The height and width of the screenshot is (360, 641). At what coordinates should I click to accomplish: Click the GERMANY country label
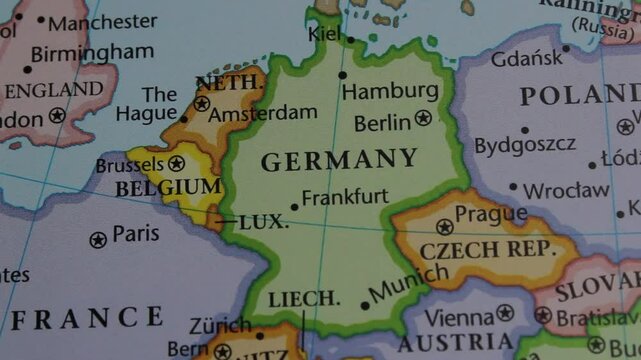(x=339, y=160)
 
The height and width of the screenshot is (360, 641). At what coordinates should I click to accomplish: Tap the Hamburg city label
(x=390, y=91)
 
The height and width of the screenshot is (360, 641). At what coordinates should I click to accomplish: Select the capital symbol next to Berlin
(x=423, y=118)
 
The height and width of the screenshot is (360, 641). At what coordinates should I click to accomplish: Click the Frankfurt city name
(x=345, y=197)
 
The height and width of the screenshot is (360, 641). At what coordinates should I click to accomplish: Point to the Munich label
(x=408, y=283)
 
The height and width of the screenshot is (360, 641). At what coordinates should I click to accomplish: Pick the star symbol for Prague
(x=444, y=227)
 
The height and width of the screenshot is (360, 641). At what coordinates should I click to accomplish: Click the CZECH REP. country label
(x=487, y=249)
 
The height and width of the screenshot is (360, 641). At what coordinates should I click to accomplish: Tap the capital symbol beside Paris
(x=98, y=240)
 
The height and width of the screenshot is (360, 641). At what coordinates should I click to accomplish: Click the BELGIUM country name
(x=168, y=188)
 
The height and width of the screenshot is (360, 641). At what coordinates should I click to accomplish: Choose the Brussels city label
(x=129, y=165)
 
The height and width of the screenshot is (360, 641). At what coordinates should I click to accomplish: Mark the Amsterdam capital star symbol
(x=203, y=103)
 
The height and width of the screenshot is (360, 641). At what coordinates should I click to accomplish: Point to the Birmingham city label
(x=92, y=52)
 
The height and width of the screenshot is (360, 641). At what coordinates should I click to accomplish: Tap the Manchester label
(x=102, y=21)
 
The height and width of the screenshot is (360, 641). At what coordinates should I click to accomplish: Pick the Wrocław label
(x=565, y=189)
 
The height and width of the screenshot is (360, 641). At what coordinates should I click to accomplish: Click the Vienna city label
(x=459, y=317)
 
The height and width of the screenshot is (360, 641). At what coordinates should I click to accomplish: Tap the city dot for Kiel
(x=351, y=40)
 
